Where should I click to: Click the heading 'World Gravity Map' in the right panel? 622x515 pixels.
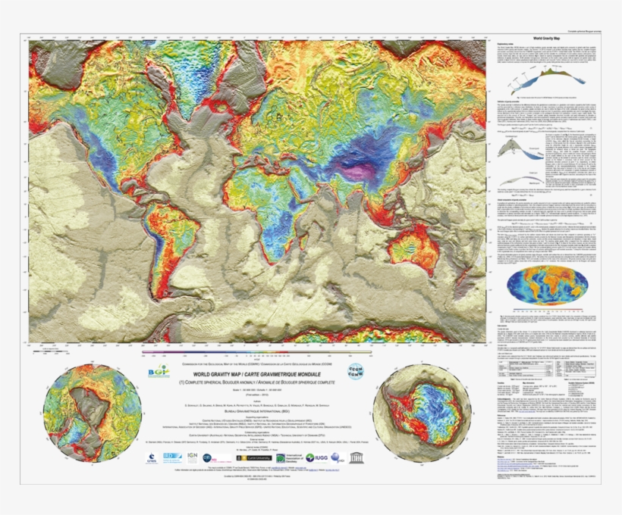(551, 37)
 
